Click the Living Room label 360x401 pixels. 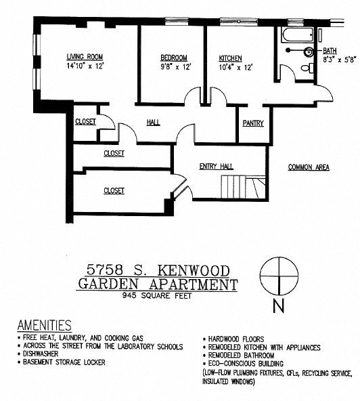[84, 57]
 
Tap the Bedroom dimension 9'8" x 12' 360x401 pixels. [173, 67]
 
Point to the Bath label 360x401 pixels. [330, 51]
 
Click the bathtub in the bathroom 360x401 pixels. [296, 35]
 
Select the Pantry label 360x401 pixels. [252, 123]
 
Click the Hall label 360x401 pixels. [153, 123]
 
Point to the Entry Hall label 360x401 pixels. [216, 166]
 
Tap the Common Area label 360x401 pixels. [309, 167]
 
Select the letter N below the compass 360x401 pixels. [277, 306]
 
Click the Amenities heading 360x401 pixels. [44, 325]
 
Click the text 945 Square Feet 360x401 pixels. [157, 296]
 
